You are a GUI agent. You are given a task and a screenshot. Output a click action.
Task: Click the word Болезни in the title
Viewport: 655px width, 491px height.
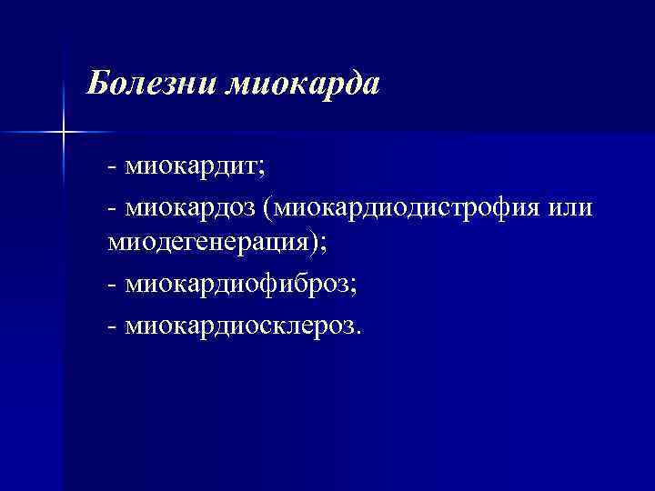click(151, 85)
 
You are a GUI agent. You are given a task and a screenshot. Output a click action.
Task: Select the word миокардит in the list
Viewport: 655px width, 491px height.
click(190, 167)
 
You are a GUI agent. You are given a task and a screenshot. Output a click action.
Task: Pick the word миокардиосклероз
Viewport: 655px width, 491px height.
click(240, 324)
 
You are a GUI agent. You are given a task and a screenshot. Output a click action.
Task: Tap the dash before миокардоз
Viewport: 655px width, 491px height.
click(111, 209)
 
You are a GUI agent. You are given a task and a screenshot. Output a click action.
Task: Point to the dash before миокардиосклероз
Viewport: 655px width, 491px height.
click(111, 326)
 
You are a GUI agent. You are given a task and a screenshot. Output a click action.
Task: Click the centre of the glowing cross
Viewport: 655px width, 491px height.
click(63, 133)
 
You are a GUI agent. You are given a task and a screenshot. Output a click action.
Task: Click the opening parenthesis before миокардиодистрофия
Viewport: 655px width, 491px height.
click(267, 209)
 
